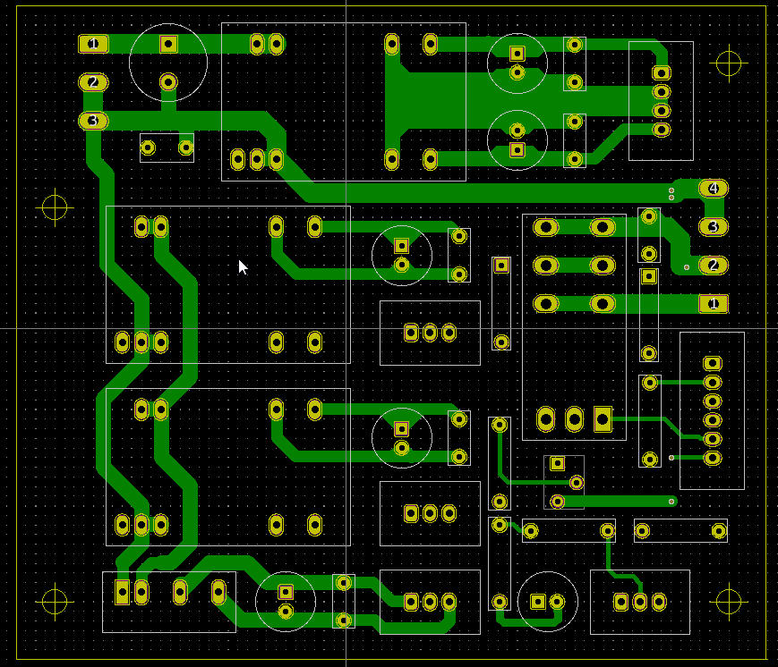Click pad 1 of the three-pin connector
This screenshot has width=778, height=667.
(93, 43)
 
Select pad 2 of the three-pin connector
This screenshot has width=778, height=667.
(93, 82)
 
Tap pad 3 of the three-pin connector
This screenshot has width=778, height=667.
(93, 120)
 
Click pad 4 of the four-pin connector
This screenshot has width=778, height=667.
(713, 189)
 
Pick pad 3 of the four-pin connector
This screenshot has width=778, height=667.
(713, 227)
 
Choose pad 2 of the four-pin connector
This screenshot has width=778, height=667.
(713, 266)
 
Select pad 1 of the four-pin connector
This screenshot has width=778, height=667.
(713, 304)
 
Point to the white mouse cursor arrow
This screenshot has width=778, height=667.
(242, 266)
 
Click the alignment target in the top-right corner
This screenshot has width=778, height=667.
(730, 63)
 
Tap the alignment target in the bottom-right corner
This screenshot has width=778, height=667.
(730, 601)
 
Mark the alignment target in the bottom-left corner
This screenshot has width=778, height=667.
(56, 601)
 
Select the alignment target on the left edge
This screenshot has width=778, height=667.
(56, 207)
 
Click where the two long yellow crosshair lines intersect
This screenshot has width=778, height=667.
(346, 328)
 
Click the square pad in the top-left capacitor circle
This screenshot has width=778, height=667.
(168, 43)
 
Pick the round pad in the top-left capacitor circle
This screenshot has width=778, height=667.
(168, 82)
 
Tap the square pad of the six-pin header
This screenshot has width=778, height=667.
(712, 363)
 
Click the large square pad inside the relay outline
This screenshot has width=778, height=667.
(603, 418)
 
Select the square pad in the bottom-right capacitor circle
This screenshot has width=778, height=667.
(538, 602)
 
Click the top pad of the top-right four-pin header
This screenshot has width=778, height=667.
(662, 72)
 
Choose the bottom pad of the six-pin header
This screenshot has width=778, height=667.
(712, 459)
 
